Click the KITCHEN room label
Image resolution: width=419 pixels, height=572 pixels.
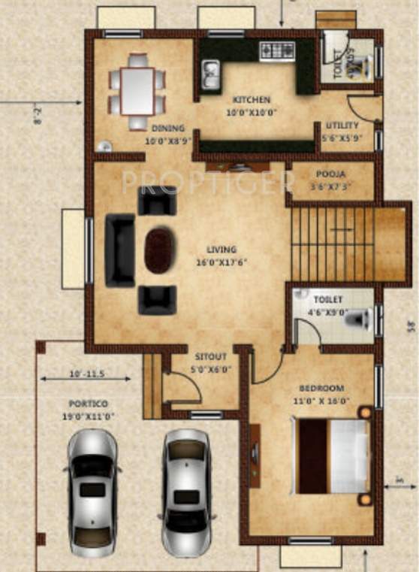pos(251,100)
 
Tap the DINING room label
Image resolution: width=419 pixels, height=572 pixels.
pos(168,129)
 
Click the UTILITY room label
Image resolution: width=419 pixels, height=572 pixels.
pos(342,126)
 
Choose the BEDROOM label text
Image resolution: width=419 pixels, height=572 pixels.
pos(321,388)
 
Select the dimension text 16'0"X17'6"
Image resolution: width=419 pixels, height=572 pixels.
pos(222,262)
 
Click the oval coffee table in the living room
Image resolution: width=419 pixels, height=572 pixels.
pos(158,251)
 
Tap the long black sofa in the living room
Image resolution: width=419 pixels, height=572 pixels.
pos(119,250)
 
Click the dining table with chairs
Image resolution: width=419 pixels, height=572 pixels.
pos(137,91)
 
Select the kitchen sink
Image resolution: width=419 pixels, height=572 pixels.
pos(210,74)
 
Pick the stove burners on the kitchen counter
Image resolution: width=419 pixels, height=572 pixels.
pos(278,51)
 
